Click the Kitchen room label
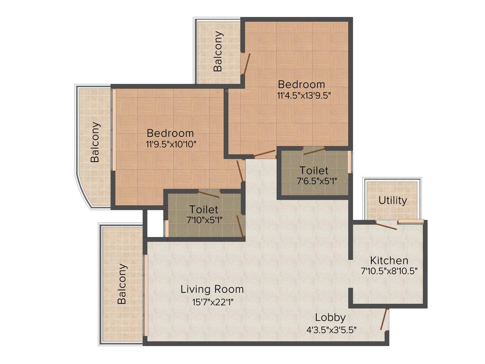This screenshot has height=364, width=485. pos(389,261)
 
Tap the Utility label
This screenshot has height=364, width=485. pos(392,200)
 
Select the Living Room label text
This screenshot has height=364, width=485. pos(212,289)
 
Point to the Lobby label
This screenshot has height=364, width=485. pos(330,318)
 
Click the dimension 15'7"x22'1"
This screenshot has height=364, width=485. pos(212,301)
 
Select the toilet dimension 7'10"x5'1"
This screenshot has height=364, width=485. pos(205,219)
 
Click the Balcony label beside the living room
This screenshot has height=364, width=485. pos(122,283)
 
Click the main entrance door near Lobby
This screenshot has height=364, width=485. pos(385,319)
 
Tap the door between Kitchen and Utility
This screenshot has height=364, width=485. pos(385,226)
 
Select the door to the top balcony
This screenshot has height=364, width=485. pos(244,64)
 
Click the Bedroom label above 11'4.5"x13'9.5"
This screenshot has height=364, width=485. pos(302,84)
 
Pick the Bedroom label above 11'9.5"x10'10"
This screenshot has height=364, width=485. pos(170,133)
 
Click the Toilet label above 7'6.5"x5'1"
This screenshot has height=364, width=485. pos(313,170)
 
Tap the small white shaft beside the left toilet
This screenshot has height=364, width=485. pos(153,223)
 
